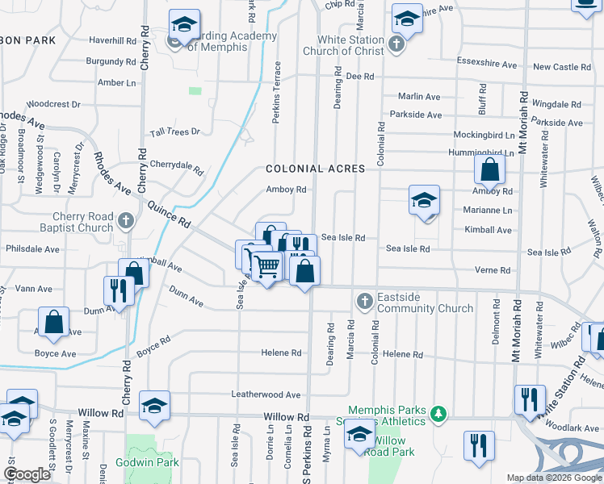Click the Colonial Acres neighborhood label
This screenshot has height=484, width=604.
[316, 169]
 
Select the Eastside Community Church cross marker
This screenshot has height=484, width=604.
[364, 301]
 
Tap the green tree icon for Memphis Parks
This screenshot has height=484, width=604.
[438, 414]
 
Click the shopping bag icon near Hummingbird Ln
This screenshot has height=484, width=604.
[489, 169]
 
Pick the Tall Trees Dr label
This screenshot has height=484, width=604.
[175, 131]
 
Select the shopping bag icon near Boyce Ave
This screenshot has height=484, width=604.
[53, 321]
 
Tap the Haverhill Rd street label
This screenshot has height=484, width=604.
[112, 40]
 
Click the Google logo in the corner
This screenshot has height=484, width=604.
[27, 474]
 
